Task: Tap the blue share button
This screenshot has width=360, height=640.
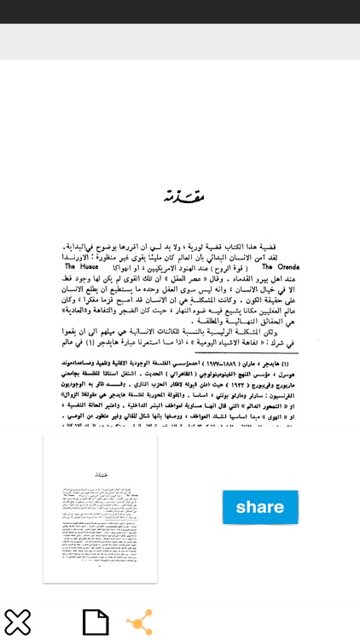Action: click(x=260, y=507)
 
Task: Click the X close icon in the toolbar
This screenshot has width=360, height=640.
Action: click(x=17, y=622)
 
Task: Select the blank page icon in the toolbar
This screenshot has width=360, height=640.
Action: click(x=96, y=622)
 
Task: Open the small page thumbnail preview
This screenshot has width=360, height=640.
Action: click(x=101, y=509)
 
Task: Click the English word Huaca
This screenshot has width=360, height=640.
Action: click(x=94, y=266)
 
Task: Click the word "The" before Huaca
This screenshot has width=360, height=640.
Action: click(x=72, y=266)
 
